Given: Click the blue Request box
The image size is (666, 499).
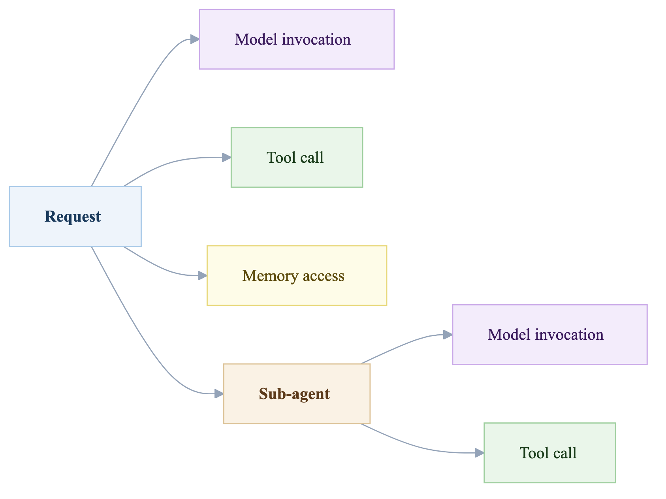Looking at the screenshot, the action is click(x=75, y=217).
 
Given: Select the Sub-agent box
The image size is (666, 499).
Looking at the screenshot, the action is click(x=297, y=394).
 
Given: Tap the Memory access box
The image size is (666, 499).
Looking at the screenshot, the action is click(x=297, y=275).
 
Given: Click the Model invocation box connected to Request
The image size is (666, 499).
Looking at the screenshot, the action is click(x=297, y=39).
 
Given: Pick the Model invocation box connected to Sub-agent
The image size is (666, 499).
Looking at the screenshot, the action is click(x=549, y=335).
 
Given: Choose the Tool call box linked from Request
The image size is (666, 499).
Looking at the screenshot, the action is click(x=297, y=157).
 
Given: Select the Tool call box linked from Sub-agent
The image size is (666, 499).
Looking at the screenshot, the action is click(x=549, y=453).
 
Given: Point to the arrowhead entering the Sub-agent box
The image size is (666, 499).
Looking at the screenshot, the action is click(x=219, y=394).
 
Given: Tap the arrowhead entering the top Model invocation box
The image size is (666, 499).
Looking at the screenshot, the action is click(x=195, y=39).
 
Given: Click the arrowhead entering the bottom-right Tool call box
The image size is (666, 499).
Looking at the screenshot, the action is click(x=480, y=453).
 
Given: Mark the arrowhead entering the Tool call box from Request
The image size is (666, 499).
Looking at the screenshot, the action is click(x=227, y=157).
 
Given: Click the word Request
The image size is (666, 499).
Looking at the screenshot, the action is click(x=73, y=217).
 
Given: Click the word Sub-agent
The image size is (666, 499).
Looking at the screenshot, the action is click(x=294, y=394).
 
